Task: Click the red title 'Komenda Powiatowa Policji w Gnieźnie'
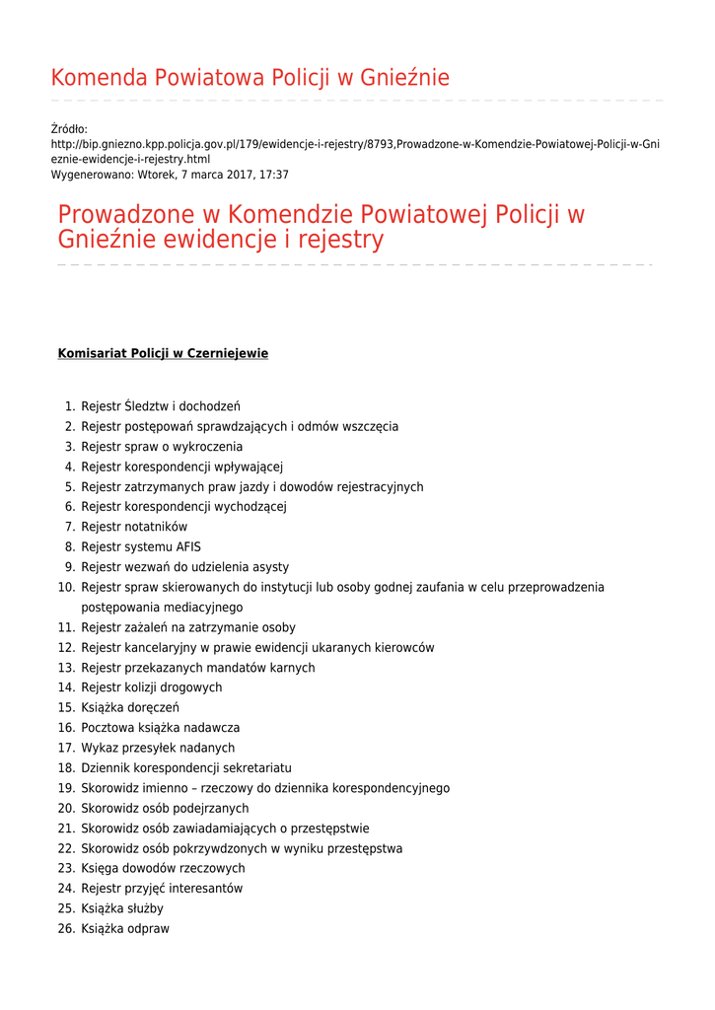pos(250,78)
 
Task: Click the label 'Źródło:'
pos(69,129)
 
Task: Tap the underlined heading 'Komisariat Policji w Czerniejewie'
pos(163,353)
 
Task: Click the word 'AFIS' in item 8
pos(189,547)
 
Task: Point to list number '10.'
pos(66,587)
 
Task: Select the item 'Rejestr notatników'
pos(134,527)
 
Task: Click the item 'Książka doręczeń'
pos(129,708)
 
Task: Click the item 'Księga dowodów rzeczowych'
pos(163,869)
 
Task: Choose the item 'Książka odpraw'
pos(125,929)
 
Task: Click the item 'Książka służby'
pos(122,908)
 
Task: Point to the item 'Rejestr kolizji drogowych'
pos(151,687)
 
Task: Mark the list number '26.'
pos(66,929)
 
